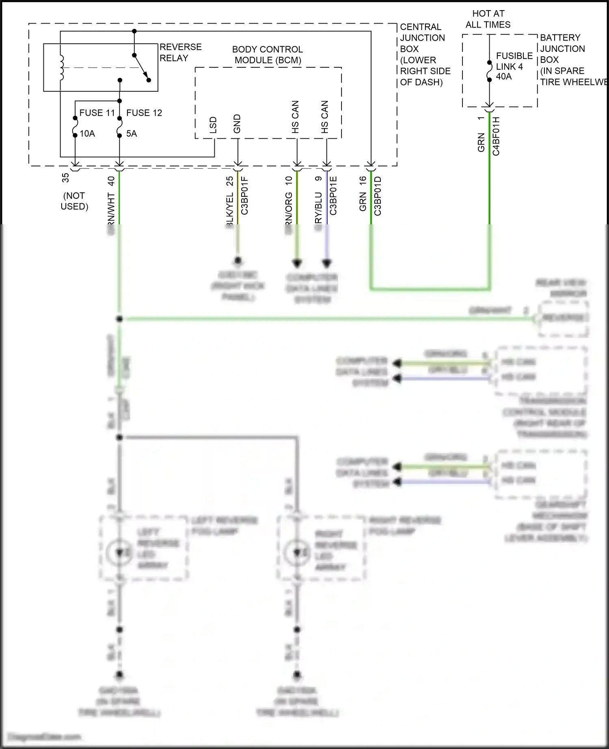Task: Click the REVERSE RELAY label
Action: pos(180,52)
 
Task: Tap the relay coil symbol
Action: pos(62,67)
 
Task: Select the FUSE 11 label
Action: pos(97,113)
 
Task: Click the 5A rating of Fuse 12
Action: pos(131,133)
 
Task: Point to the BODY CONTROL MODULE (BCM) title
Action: pos(268,55)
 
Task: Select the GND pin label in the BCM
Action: pos(237,124)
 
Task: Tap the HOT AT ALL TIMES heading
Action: pos(488,19)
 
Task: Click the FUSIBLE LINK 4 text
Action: pos(514,61)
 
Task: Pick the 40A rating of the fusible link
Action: pos(504,76)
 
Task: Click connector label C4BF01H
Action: pos(496,136)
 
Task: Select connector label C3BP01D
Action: pos(378,196)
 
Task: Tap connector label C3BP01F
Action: pos(244,196)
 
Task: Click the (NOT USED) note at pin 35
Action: pos(74,201)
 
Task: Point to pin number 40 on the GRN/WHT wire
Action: pos(111,181)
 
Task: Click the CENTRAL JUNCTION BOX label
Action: pos(424,54)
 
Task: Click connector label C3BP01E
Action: pos(333,196)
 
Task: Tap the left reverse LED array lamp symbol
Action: pos(119,552)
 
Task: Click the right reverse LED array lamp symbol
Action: pos(297,552)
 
